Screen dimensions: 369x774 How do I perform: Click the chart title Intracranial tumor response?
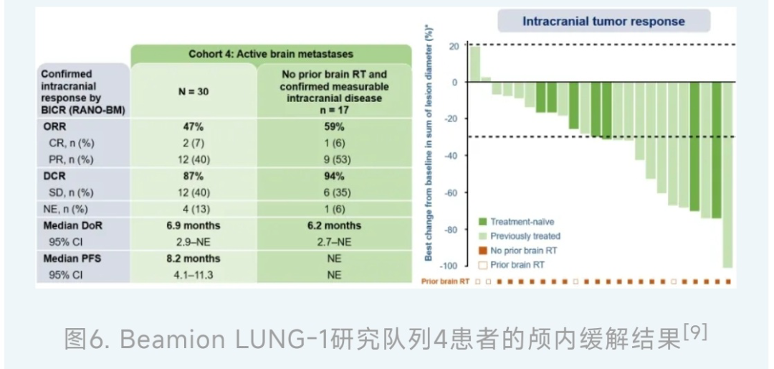coord(603,21)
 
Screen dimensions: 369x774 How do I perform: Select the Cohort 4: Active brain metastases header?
coord(271,54)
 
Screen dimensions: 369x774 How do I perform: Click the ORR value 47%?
coord(193,126)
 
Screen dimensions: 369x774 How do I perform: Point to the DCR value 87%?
coord(193,176)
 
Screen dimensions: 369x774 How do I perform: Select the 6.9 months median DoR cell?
coord(193,225)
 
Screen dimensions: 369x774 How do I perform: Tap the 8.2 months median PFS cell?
coord(193,258)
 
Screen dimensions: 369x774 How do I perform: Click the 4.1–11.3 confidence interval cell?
coord(193,274)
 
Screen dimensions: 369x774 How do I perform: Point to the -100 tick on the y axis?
coord(449,267)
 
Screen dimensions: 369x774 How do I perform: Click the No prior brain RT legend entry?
coord(522,251)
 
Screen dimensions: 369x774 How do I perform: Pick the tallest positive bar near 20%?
coord(474,63)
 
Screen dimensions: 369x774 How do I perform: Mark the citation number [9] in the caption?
coord(696,332)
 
